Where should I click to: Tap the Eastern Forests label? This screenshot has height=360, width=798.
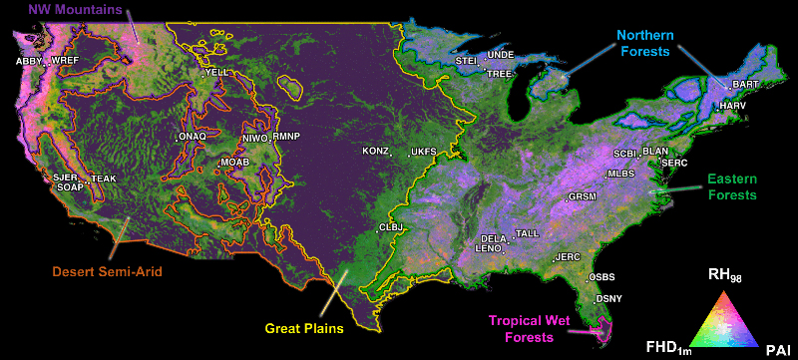pos(732,186)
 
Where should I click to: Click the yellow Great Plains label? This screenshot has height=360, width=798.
pos(304,326)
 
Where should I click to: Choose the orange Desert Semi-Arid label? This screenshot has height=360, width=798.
pos(108,270)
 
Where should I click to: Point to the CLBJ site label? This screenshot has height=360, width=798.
pos(391,227)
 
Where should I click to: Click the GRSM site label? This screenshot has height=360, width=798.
pos(582,197)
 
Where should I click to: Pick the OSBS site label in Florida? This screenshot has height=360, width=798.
pos(601,276)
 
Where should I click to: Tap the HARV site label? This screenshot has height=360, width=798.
pos(732,105)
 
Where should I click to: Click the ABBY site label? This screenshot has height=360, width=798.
pos(30,61)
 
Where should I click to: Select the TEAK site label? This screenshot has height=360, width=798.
pos(104,180)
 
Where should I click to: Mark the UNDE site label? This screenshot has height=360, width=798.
pos(501,55)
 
